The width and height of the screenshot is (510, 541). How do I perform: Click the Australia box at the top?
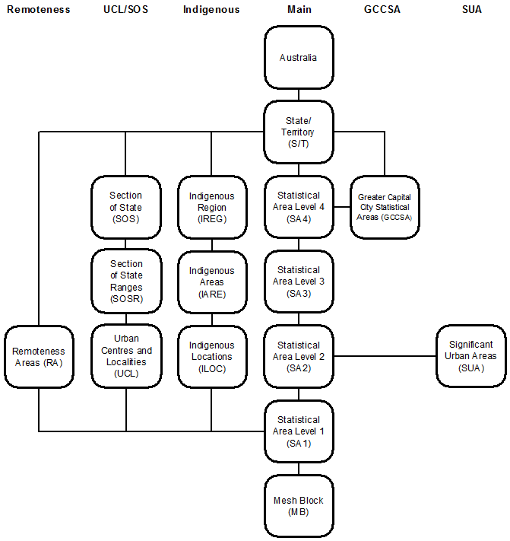(298, 58)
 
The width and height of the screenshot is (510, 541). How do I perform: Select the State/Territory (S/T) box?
(298, 132)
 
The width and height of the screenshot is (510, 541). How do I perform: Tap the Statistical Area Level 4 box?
(298, 207)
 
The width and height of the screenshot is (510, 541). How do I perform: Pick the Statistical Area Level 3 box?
(298, 282)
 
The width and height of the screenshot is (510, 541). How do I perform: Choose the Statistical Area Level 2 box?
(298, 356)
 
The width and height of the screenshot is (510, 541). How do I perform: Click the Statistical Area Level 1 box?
(298, 431)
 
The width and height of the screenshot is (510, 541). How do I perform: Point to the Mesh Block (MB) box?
(298, 506)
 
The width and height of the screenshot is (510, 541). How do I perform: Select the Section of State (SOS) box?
(126, 207)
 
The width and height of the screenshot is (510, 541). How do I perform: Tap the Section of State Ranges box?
(126, 282)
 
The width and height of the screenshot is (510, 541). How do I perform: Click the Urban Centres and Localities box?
(126, 356)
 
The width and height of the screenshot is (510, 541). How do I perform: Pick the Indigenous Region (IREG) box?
(211, 207)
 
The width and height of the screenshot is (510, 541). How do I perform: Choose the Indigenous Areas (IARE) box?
(211, 282)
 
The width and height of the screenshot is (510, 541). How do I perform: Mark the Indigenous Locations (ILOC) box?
(211, 356)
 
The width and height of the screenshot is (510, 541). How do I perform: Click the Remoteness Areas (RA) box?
(39, 357)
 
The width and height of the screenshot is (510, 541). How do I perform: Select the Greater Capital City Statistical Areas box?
(384, 207)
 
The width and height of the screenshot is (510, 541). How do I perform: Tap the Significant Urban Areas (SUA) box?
(470, 356)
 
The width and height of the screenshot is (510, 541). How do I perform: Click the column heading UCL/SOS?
(125, 10)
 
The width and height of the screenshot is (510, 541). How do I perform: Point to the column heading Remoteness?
(39, 10)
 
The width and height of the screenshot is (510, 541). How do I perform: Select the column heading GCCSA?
(384, 10)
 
